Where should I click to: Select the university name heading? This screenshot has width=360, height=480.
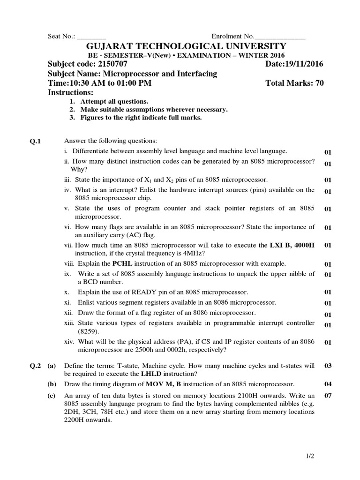coord(185,46)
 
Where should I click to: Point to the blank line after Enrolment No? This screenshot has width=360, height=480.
coord(280,37)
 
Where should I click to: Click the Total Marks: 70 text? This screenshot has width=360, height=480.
coord(294,83)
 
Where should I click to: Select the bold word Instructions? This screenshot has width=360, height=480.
coord(71,93)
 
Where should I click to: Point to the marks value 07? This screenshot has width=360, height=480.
coord(328,395)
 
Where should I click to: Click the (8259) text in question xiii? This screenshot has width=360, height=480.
coord(89,331)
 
